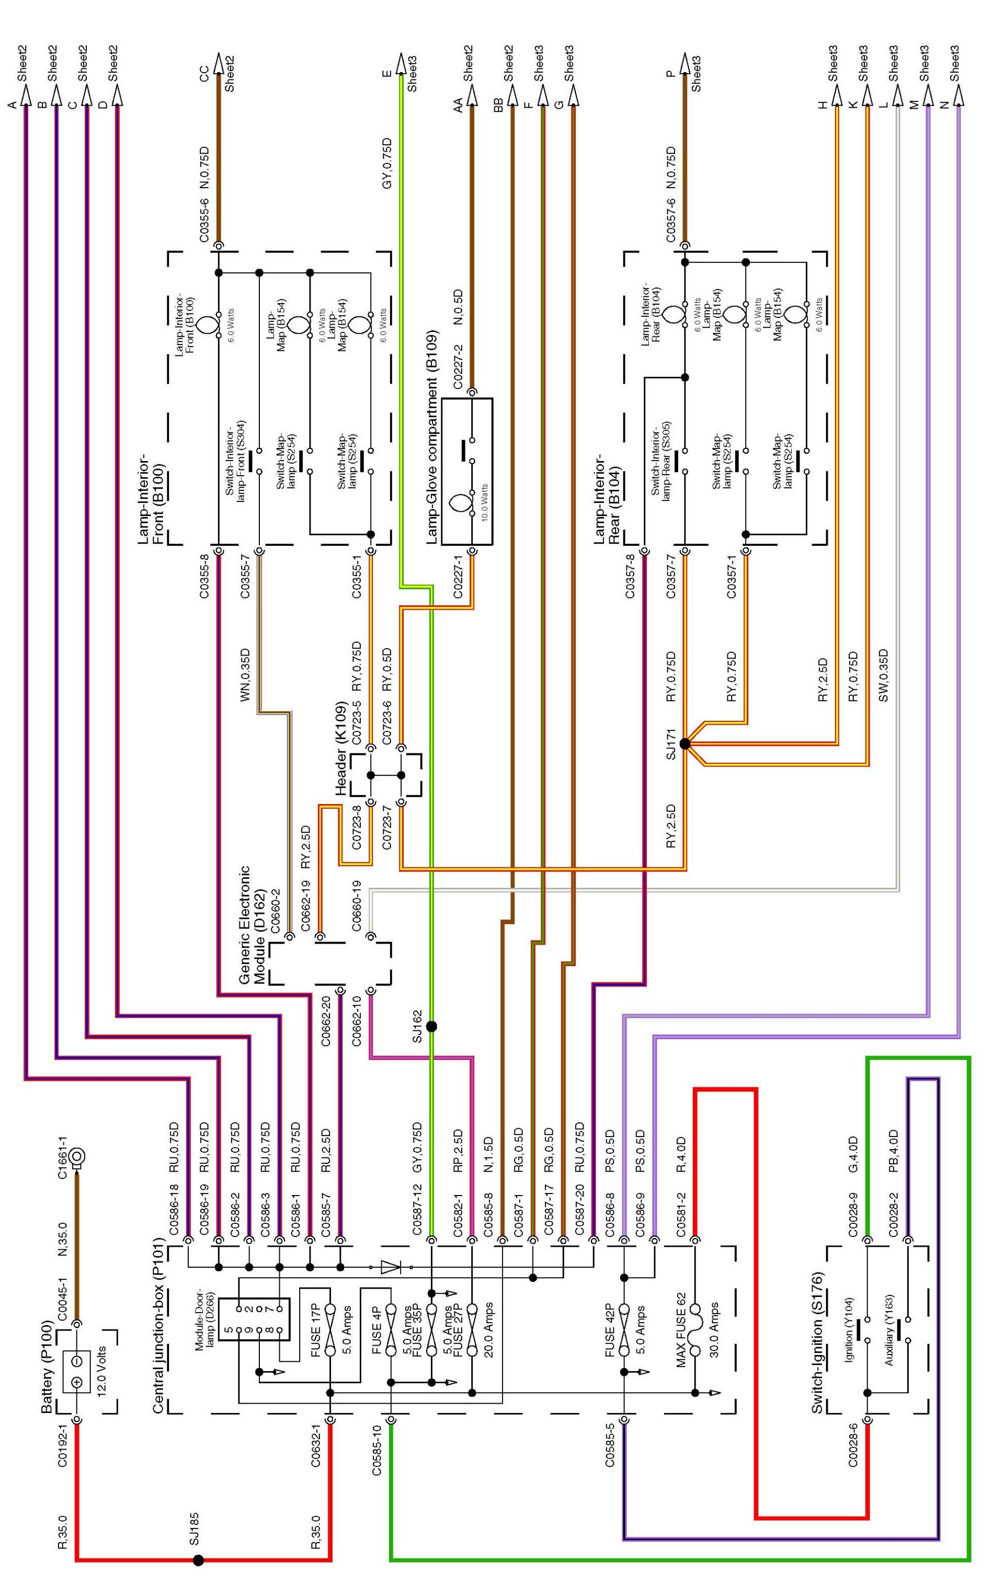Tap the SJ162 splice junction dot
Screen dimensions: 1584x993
(x=431, y=1026)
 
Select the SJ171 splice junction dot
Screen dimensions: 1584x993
(x=685, y=744)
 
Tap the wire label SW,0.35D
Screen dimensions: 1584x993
(x=883, y=676)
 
